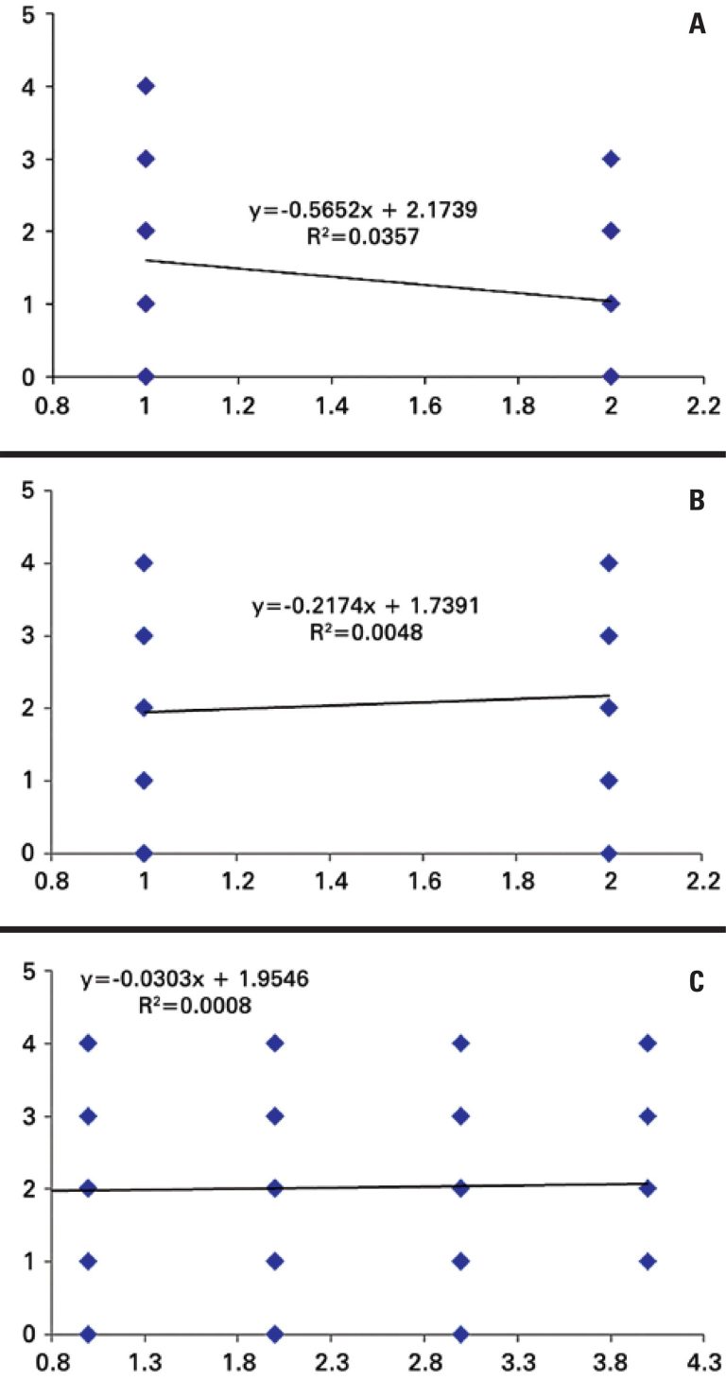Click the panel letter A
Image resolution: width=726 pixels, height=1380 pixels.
(697, 26)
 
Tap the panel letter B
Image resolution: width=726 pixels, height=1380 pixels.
(697, 502)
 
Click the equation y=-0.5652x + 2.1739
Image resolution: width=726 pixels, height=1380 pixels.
(369, 211)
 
